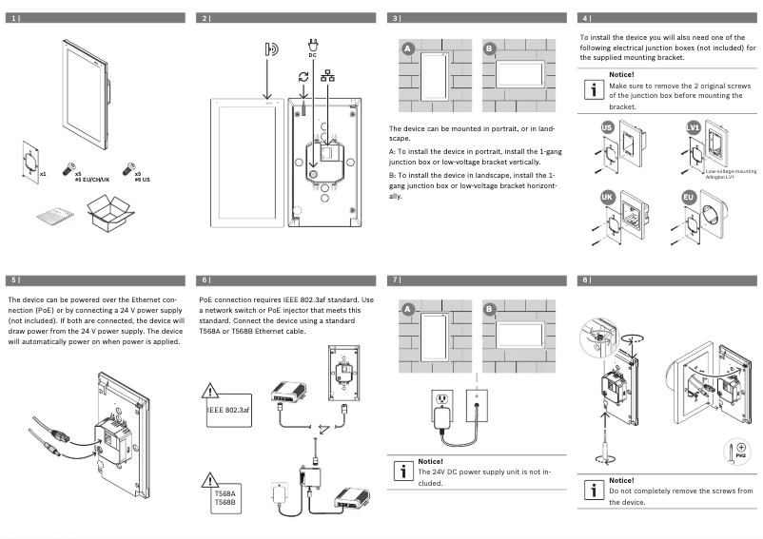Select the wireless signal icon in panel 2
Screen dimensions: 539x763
[x=271, y=49]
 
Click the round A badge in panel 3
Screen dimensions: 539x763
[x=407, y=48]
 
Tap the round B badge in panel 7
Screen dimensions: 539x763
[x=490, y=310]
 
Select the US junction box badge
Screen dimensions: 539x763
[x=607, y=126]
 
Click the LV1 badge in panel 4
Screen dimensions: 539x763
[x=694, y=126]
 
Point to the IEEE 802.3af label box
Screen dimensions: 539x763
[x=228, y=409]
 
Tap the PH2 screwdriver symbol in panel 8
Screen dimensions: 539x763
[x=740, y=449]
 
